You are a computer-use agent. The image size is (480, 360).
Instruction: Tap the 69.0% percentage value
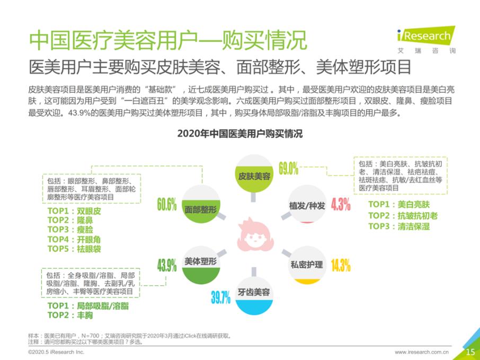(289, 169)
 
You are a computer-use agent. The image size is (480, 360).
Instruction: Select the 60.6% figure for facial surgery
(166, 205)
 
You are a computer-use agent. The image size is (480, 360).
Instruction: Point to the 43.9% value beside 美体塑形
(166, 265)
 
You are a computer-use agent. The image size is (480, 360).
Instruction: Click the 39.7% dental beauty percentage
(221, 297)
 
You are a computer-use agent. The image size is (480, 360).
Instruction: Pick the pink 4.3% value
(341, 205)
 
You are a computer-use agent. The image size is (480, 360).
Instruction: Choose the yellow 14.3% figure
(341, 265)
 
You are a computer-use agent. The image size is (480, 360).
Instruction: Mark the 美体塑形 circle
(200, 262)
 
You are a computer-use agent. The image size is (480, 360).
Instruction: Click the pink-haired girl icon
(253, 234)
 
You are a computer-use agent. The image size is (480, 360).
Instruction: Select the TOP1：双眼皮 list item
(74, 211)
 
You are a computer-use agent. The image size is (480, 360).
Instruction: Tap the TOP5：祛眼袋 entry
(74, 249)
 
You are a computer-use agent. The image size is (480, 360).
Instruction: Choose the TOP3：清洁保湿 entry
(399, 226)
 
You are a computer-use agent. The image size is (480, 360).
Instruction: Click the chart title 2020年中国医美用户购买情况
(240, 134)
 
